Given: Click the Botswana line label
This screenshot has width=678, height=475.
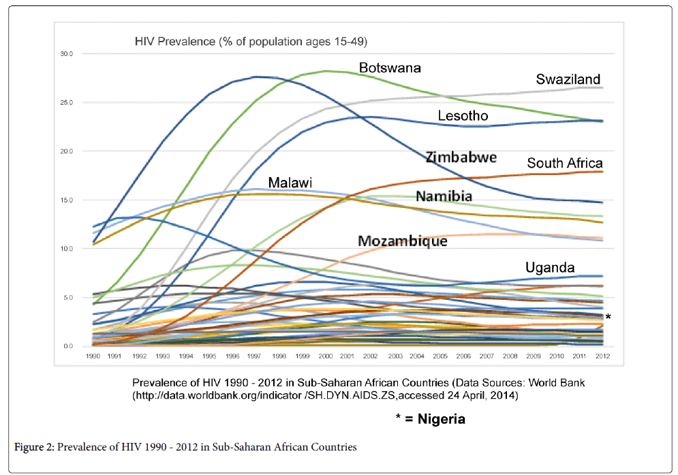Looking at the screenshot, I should click(390, 68).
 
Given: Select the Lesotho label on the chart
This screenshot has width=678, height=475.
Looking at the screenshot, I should click(463, 116).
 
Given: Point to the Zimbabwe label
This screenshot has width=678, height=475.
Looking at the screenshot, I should click(461, 157).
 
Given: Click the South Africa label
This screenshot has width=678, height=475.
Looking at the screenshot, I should click(565, 163).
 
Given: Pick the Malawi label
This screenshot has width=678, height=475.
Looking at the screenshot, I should click(290, 183).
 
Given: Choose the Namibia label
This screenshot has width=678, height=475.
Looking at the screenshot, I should click(444, 196).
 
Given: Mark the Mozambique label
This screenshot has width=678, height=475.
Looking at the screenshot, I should click(403, 241).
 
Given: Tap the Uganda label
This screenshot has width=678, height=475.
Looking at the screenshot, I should click(550, 267).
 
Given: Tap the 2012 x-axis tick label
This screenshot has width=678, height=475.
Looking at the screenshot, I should click(602, 356).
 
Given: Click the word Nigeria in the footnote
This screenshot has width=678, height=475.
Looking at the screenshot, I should click(439, 419).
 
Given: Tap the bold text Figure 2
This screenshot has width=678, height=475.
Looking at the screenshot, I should click(34, 448).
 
